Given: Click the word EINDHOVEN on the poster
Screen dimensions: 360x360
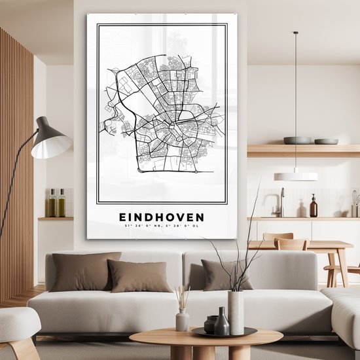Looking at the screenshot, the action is point(161,217).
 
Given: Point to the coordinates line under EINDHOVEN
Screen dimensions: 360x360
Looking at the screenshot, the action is point(161,226).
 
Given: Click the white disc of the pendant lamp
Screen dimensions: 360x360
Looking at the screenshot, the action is point(296,176).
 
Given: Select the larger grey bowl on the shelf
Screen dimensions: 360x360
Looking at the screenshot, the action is point(297,140).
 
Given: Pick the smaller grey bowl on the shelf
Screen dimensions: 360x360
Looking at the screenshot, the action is point(326,141).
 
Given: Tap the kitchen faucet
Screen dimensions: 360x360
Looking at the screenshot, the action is point(281,202).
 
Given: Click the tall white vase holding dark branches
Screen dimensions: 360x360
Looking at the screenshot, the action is point(236,311).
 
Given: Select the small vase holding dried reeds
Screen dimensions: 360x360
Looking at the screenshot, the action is point(183,319).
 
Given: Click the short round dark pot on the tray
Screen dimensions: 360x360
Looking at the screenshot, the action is point(211,324).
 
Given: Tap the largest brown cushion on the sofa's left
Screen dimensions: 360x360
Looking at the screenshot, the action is point(85,271).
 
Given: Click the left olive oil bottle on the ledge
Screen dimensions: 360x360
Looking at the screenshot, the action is point(52,204).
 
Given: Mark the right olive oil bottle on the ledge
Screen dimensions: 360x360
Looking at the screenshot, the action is point(61,204).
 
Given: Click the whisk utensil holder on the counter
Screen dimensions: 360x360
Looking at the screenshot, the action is point(354,204).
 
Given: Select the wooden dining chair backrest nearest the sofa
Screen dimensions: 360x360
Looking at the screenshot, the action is point(291,244).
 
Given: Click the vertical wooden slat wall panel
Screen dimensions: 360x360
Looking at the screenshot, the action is point(16,164).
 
